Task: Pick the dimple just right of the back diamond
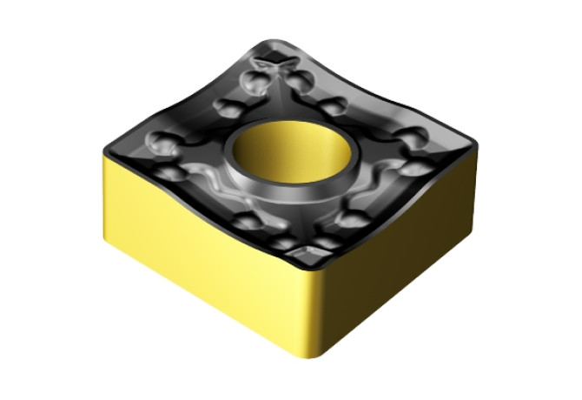301,80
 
